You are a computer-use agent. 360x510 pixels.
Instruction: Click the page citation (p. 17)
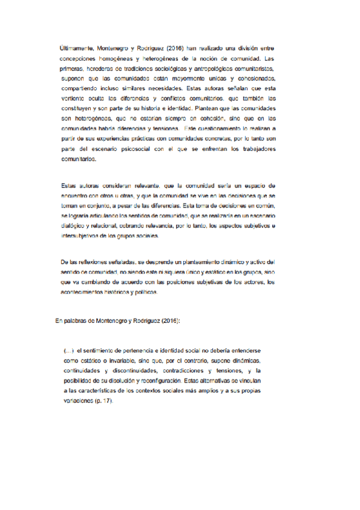pyautogui.click(x=102, y=402)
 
